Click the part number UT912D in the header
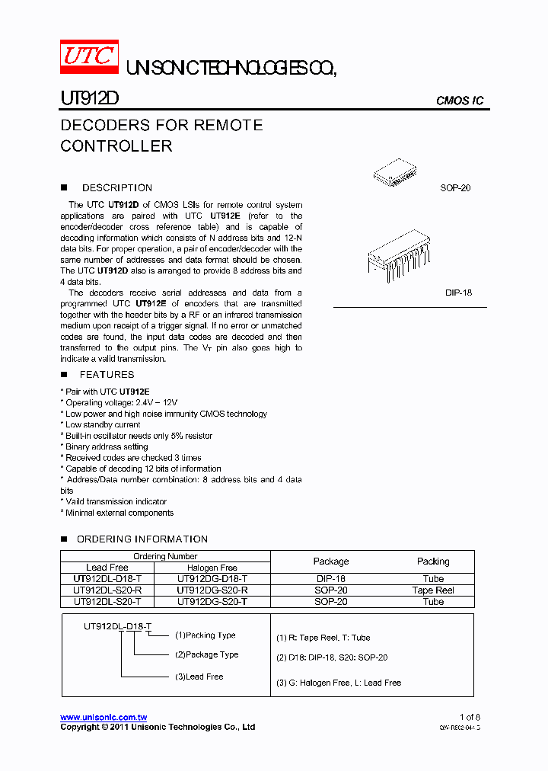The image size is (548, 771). click(x=89, y=99)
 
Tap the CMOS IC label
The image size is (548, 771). click(x=459, y=101)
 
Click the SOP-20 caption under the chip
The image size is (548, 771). click(x=455, y=188)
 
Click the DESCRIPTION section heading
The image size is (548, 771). click(x=117, y=187)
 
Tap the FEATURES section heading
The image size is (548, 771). click(x=107, y=374)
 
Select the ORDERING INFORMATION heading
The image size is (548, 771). click(x=142, y=539)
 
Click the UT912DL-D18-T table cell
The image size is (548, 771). click(x=107, y=578)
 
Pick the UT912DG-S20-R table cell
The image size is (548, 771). click(x=212, y=590)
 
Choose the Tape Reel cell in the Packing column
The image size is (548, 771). click(x=433, y=590)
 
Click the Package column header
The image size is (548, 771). click(x=331, y=561)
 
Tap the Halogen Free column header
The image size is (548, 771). click(x=212, y=568)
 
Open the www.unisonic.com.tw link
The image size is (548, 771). click(x=104, y=718)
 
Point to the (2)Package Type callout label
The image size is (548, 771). click(x=206, y=654)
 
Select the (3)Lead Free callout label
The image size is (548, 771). click(x=199, y=677)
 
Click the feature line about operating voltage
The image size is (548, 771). click(x=122, y=402)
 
